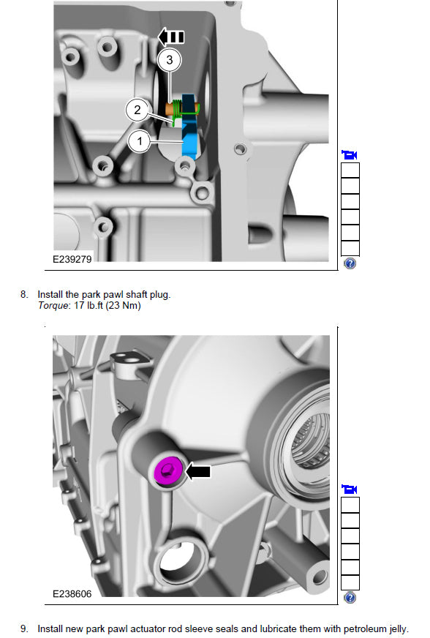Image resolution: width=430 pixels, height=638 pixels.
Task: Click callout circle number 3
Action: (x=169, y=60)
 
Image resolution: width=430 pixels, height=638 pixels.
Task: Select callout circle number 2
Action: (x=137, y=110)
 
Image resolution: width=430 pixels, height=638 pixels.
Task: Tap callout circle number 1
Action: (x=140, y=141)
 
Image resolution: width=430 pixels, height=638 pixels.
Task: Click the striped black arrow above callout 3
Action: (x=171, y=37)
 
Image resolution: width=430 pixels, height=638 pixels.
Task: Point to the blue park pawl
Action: (x=189, y=127)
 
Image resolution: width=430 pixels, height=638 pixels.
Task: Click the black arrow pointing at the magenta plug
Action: (x=198, y=472)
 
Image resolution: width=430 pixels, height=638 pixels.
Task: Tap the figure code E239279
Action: (x=72, y=259)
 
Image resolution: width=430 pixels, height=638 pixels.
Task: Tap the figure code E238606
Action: (x=72, y=593)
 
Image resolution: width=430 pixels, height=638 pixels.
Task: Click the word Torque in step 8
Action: (x=53, y=306)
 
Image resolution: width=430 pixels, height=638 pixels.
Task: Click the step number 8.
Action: (x=24, y=294)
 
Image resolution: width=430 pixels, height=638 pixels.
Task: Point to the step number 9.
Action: (x=24, y=628)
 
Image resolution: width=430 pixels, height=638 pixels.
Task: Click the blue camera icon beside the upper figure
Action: (x=350, y=154)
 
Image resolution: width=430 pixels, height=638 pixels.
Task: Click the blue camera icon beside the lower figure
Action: (x=350, y=489)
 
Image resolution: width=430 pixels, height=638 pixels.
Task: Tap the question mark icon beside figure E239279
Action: (x=350, y=263)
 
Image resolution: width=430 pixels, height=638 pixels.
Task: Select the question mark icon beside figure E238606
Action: (x=350, y=598)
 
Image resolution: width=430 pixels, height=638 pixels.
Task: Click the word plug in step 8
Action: (x=160, y=295)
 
